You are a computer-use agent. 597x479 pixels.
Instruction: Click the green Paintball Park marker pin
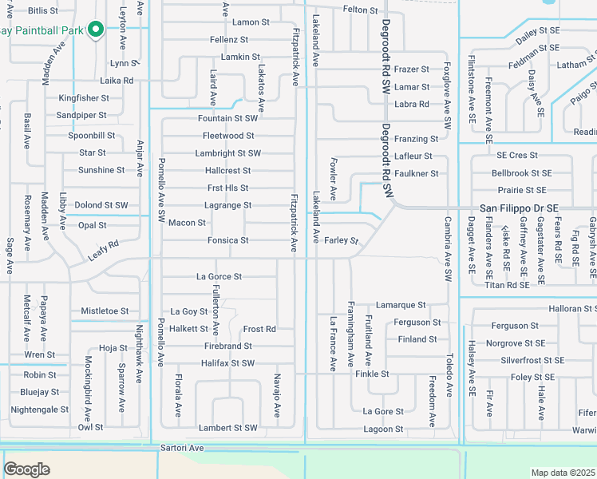95,30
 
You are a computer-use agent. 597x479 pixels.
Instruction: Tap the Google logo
26,469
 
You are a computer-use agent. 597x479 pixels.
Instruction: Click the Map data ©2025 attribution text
563,473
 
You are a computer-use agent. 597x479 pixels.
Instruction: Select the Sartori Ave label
183,449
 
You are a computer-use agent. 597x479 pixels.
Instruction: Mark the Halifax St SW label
227,363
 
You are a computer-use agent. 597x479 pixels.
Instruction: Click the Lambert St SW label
227,428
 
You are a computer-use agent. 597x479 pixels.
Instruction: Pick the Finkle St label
372,374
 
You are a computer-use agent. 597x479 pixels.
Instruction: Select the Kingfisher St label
84,98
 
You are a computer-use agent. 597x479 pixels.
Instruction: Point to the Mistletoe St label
105,311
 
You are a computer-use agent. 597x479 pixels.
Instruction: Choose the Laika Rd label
117,81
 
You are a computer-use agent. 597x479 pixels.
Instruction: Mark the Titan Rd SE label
507,284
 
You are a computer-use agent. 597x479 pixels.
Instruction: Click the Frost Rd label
259,329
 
